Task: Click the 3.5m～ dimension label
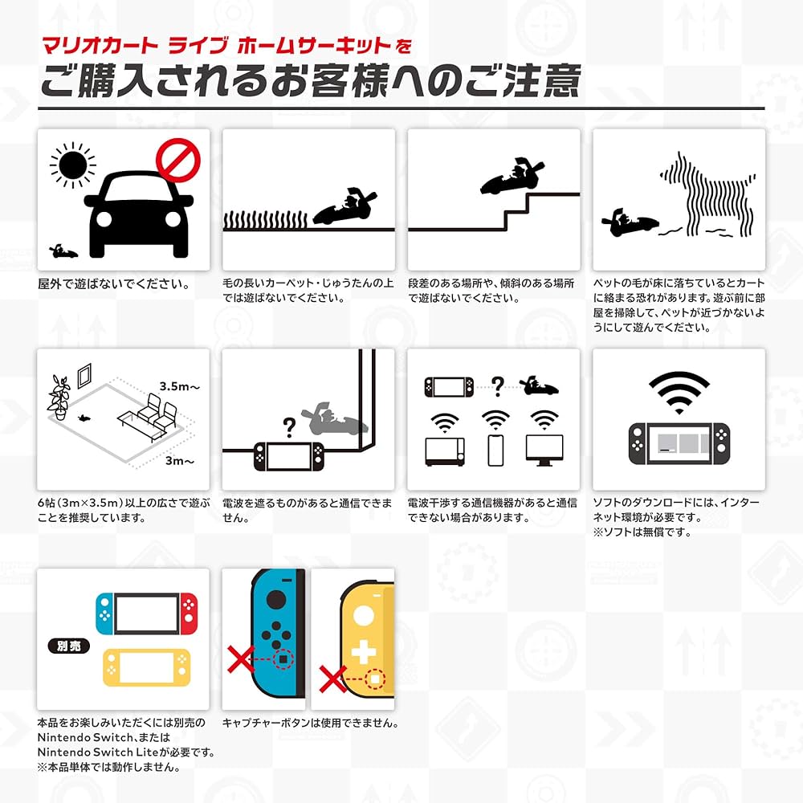point(178,386)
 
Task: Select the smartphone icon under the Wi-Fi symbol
point(495,450)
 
